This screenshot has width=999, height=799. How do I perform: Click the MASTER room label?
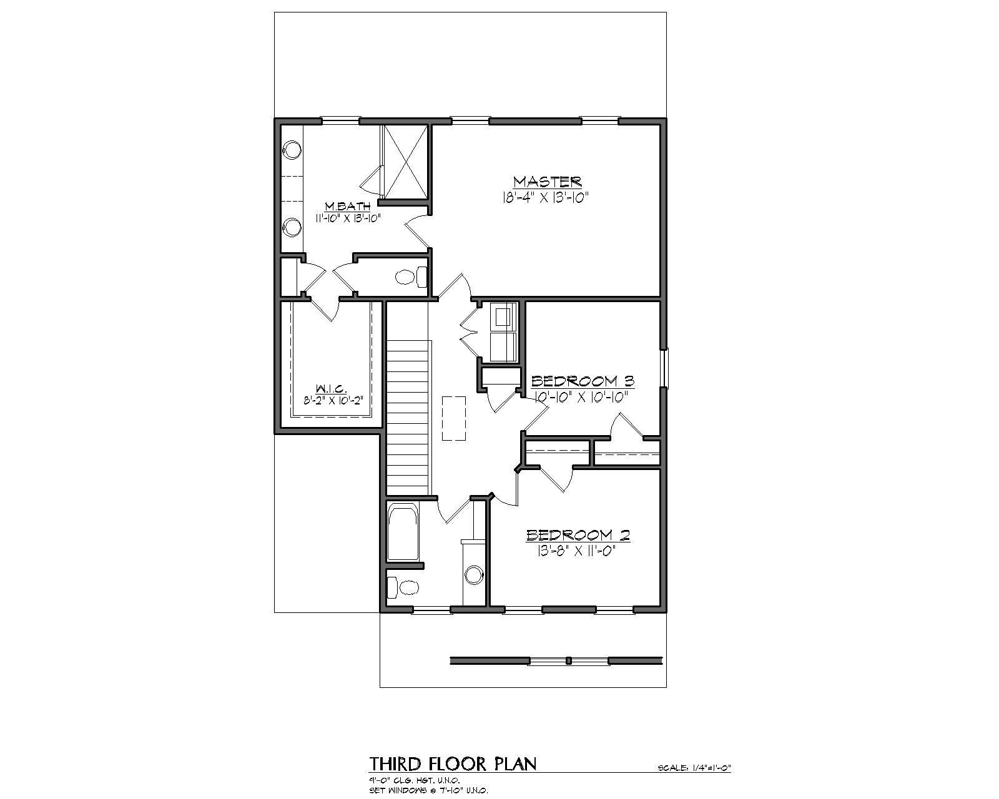click(547, 182)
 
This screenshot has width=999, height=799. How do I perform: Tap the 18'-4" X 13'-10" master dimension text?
click(544, 197)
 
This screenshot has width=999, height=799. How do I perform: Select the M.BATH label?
click(348, 206)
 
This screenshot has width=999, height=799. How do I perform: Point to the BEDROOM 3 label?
click(582, 381)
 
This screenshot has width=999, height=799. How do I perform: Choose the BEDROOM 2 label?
click(578, 535)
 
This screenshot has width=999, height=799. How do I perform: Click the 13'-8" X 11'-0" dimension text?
click(576, 551)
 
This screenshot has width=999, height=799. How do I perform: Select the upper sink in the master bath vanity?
click(292, 150)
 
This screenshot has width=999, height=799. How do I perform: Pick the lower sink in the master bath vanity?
click(292, 227)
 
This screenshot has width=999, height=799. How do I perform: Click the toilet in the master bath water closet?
click(409, 277)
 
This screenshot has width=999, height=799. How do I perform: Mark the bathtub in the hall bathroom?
click(403, 533)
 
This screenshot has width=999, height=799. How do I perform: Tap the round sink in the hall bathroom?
click(475, 574)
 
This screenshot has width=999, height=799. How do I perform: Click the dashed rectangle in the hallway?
click(454, 418)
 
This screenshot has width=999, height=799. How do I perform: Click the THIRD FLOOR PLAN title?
click(453, 763)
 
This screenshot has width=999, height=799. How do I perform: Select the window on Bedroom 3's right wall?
click(665, 368)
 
